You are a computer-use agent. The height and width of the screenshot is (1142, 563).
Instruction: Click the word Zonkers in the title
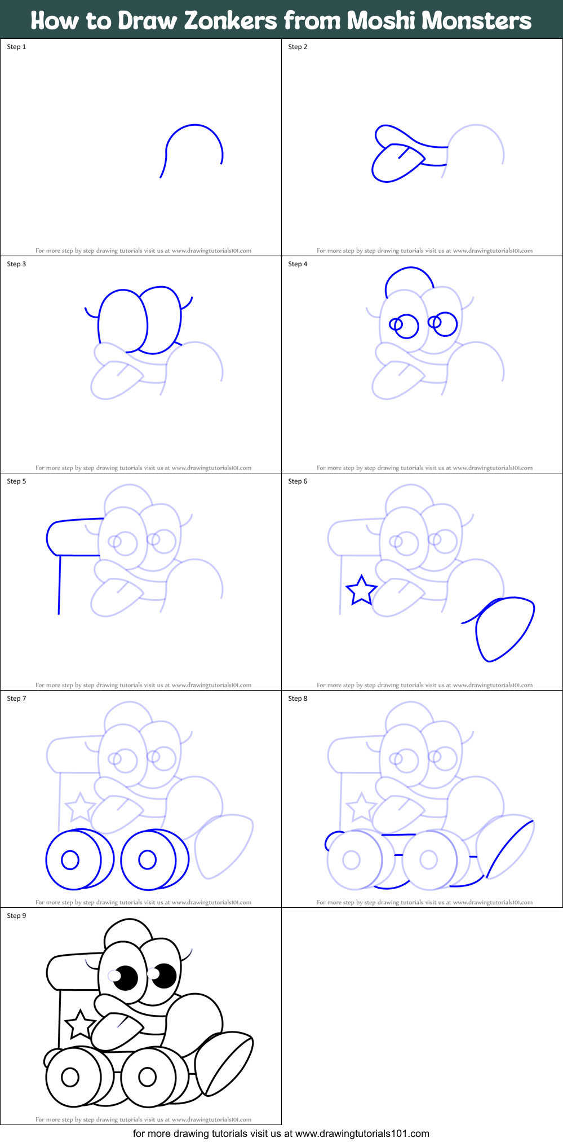tap(230, 21)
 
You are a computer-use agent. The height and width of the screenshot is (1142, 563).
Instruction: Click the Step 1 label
tap(16, 47)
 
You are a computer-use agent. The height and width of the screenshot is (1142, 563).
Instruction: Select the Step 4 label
tap(298, 264)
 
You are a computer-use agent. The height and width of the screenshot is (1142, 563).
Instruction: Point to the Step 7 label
tap(16, 699)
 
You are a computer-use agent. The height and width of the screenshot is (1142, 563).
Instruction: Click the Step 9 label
tap(16, 916)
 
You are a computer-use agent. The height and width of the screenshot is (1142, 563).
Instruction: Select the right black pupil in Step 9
tap(165, 976)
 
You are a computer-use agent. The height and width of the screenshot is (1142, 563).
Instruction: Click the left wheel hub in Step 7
tap(70, 860)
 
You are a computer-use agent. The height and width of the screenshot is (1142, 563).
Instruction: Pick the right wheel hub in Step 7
tap(147, 859)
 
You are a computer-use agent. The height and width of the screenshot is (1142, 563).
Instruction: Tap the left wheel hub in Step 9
tap(70, 1077)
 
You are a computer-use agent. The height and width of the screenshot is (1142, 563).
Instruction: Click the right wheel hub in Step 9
tap(147, 1077)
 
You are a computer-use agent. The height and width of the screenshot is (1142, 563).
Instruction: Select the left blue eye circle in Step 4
tap(406, 326)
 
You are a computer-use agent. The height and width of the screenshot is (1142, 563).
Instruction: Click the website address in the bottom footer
tap(362, 1134)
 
